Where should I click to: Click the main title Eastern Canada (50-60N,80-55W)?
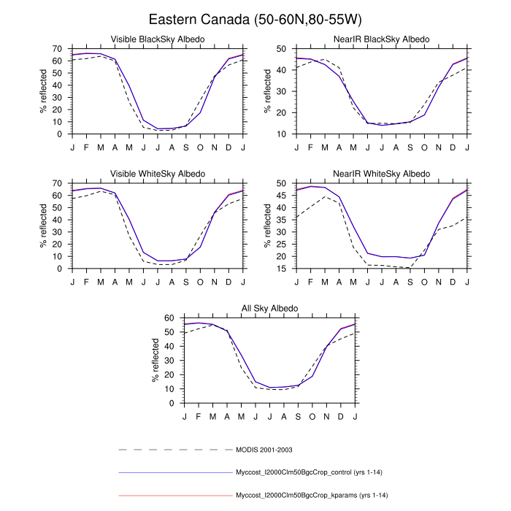(255, 18)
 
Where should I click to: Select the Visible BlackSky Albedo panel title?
(157, 39)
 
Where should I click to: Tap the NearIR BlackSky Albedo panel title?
(382, 39)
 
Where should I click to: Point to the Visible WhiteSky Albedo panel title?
(157, 174)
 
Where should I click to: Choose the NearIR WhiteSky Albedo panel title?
(382, 174)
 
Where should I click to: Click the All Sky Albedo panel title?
(269, 309)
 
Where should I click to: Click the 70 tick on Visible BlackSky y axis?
(58, 48)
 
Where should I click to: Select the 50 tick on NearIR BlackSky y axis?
(283, 48)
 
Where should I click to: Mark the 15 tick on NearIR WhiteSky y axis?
(283, 269)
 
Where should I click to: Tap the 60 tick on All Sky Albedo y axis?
(170, 318)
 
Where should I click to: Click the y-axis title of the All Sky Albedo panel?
(155, 361)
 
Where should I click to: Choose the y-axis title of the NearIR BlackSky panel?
(268, 91)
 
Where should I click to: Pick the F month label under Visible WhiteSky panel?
(86, 280)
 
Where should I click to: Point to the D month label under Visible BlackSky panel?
(229, 146)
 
